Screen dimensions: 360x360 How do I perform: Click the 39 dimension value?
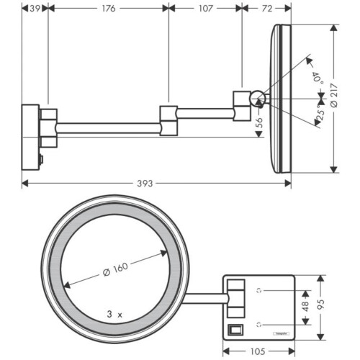tap(32, 9)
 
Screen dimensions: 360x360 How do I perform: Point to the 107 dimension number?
tap(204, 9)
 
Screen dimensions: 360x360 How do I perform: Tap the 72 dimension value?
tap(266, 9)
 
